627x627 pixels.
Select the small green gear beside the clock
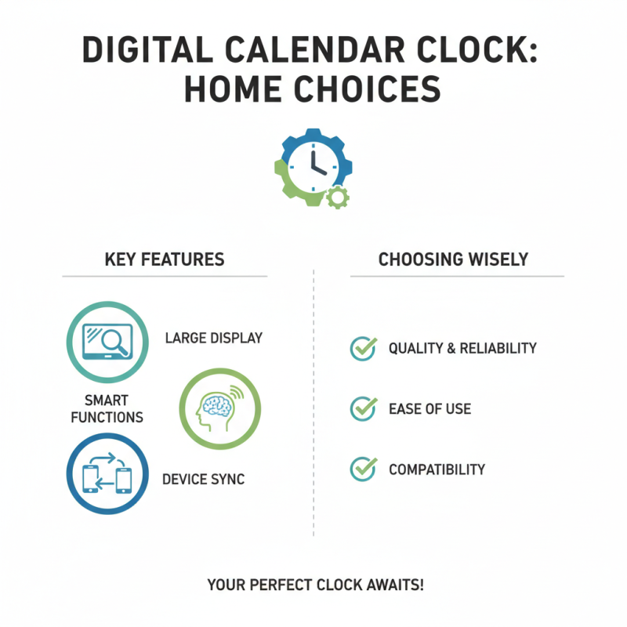[338, 196]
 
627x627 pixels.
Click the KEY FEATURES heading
[164, 259]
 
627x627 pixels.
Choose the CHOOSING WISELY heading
[453, 259]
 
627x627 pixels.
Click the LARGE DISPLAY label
[213, 339]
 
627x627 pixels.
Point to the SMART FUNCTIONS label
[107, 408]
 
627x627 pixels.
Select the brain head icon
[219, 408]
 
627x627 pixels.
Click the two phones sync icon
[107, 473]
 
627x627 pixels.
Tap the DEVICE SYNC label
[203, 479]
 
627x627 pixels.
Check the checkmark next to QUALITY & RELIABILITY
[362, 348]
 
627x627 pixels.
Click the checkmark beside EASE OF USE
[362, 408]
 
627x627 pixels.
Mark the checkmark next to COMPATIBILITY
[362, 469]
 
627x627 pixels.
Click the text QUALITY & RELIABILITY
[462, 348]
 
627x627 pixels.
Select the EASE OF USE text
[429, 408]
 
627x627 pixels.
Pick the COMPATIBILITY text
[437, 469]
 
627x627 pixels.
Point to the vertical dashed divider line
[313, 408]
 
